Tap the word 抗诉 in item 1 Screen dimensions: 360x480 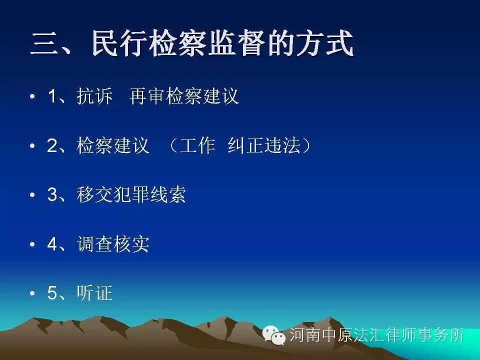94,96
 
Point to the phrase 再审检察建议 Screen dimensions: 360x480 184,96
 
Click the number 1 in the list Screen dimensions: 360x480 52,96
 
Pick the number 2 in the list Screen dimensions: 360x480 52,146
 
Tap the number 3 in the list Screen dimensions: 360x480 52,195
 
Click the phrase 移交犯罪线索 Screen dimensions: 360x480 131,195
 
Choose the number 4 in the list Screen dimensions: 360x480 52,244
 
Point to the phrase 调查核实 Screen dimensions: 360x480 113,244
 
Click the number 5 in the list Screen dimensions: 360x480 52,293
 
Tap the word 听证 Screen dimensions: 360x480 94,293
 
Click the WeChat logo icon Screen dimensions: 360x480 274,334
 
